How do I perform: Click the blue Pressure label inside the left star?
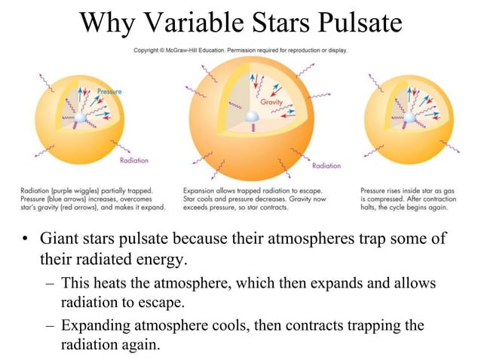[x=109, y=91]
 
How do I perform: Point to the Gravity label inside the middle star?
[x=270, y=102]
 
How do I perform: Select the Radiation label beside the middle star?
[x=326, y=166]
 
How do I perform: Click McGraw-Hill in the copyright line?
[x=196, y=51]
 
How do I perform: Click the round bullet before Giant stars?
[x=25, y=242]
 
